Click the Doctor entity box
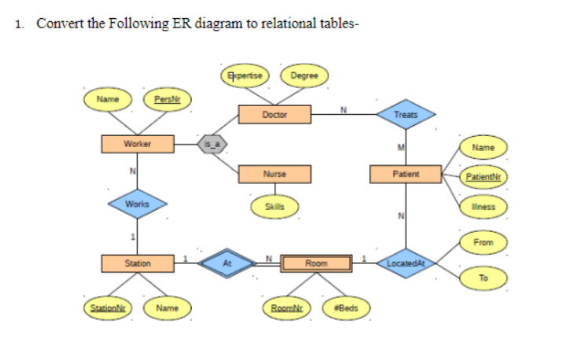[x=274, y=115]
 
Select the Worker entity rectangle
[x=137, y=144]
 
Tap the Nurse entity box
[x=274, y=172]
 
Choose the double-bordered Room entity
[x=316, y=263]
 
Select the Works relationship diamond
[x=137, y=203]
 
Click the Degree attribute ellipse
[x=304, y=75]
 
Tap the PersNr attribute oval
[x=165, y=100]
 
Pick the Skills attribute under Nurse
[x=274, y=207]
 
